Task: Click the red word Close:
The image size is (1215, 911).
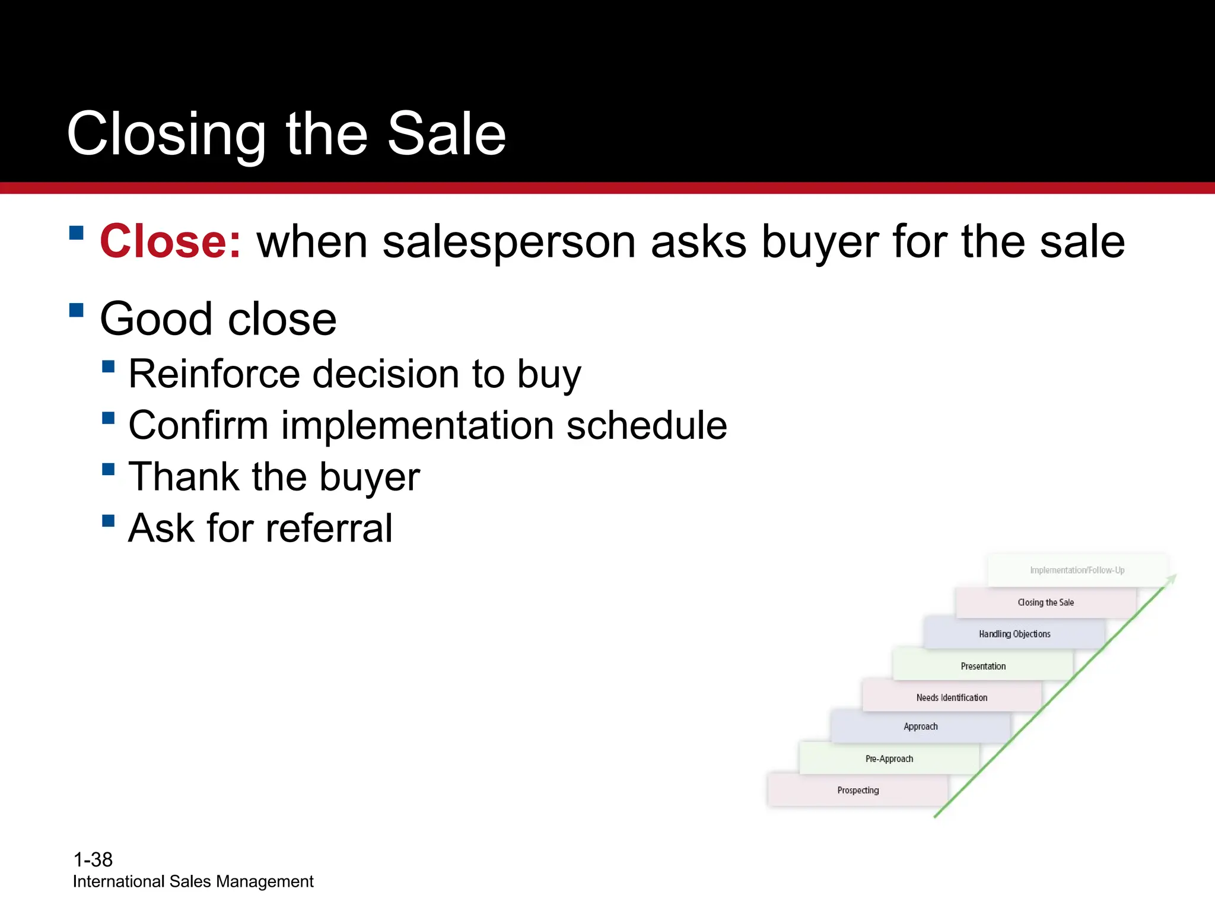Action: coord(170,242)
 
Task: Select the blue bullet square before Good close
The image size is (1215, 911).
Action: coord(77,310)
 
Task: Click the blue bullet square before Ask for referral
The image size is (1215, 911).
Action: coord(108,521)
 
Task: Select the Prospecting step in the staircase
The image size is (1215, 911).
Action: coord(858,790)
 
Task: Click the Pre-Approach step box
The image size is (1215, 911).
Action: coord(889,759)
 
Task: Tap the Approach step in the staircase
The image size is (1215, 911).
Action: coord(920,727)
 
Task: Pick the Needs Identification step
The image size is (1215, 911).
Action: coord(952,697)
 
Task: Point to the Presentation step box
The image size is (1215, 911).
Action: coord(983,666)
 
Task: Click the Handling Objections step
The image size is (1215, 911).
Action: coord(1014,634)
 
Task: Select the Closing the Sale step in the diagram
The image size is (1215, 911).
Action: coord(1045,603)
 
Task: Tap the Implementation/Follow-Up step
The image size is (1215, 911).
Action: coord(1077,570)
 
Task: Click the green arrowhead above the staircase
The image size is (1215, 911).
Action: coord(1172,578)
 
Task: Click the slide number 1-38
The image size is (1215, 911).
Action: coord(93,859)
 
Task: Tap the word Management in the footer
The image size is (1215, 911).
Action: coord(265,882)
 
